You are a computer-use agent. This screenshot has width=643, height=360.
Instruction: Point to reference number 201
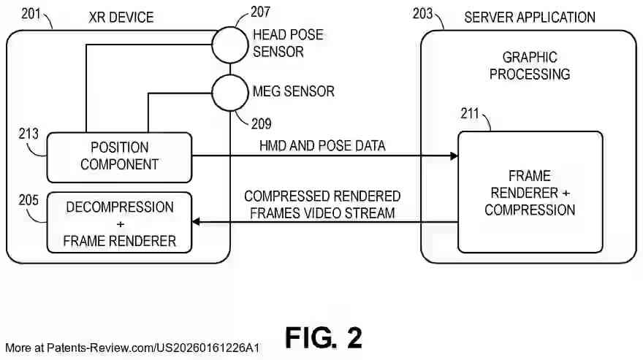click(x=31, y=14)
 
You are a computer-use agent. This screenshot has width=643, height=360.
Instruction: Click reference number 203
click(x=422, y=14)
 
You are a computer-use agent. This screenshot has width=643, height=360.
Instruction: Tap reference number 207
click(x=260, y=12)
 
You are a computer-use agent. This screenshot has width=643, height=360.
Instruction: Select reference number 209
click(x=262, y=124)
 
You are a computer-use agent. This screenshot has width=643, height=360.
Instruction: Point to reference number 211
click(x=470, y=114)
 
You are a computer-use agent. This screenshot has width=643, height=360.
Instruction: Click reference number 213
click(x=28, y=134)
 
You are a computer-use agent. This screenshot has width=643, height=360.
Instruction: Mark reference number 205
click(x=28, y=200)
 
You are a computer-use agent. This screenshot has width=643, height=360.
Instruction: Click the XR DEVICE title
click(x=121, y=18)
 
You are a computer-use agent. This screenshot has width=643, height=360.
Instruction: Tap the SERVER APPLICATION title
click(x=530, y=18)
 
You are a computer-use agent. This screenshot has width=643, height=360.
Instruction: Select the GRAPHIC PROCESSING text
click(x=530, y=66)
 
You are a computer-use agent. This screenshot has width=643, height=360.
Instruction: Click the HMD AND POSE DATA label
click(x=322, y=145)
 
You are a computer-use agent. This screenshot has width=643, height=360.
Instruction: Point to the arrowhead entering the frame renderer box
click(x=454, y=156)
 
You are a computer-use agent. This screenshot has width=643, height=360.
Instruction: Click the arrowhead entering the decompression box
click(x=196, y=222)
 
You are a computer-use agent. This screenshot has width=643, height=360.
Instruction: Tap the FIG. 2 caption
click(x=324, y=338)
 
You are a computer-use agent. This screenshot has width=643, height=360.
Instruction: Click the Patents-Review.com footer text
click(x=132, y=348)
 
